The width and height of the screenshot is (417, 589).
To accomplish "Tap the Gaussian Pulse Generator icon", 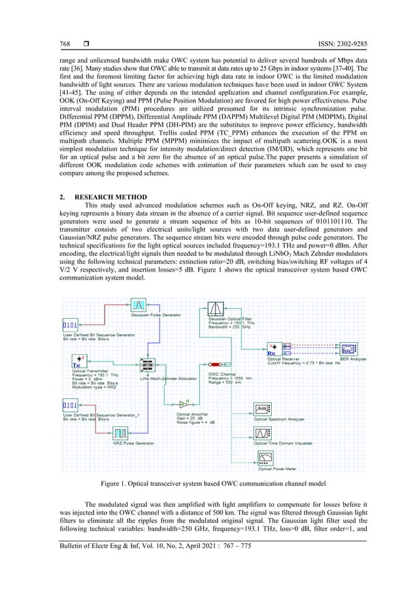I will [x=139, y=305].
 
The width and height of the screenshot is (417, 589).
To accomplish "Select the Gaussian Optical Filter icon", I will [x=215, y=308].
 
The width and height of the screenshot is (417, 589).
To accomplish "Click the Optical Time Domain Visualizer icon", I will [x=263, y=433].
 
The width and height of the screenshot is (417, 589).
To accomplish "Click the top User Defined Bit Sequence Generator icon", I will [x=71, y=325].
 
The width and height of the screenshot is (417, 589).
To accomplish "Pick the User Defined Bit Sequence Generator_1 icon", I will [x=71, y=406].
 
